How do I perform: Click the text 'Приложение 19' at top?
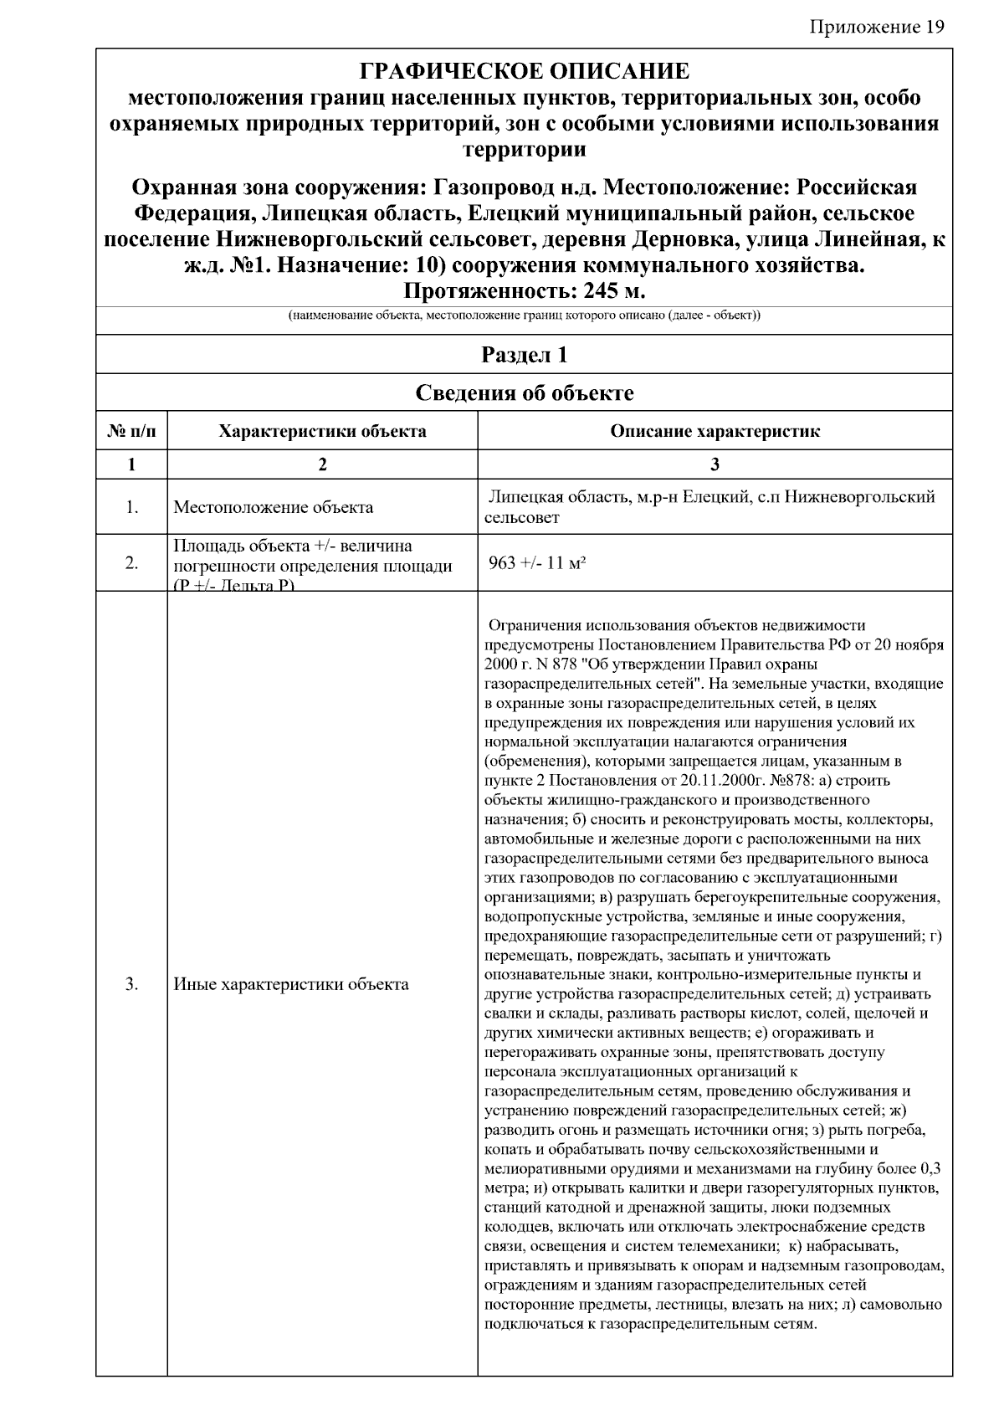click(877, 27)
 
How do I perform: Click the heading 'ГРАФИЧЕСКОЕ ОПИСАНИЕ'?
click(524, 70)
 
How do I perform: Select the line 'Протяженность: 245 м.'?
click(524, 290)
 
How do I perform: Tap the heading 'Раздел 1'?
click(524, 355)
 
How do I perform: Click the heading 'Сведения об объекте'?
click(524, 392)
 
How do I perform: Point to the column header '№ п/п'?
click(131, 432)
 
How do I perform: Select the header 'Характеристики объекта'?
click(322, 432)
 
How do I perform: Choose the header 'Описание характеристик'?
click(715, 432)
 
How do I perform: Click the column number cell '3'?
click(715, 464)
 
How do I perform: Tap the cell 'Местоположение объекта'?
click(273, 507)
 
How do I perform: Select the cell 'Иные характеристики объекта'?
click(290, 984)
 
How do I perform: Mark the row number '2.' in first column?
click(131, 563)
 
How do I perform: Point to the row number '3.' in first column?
click(131, 984)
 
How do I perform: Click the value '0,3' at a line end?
click(930, 1169)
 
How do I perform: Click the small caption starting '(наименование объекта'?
click(524, 315)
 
